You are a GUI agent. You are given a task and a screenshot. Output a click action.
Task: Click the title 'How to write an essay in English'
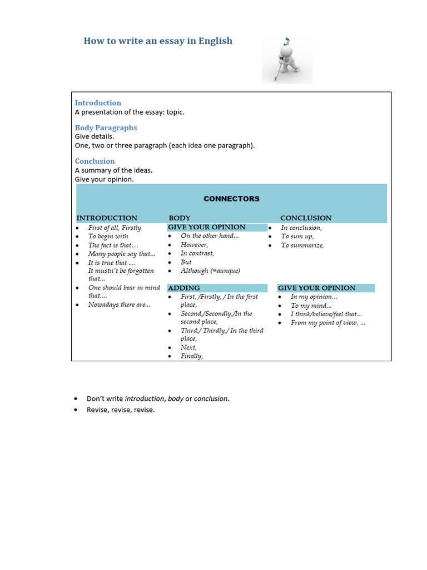[x=158, y=41]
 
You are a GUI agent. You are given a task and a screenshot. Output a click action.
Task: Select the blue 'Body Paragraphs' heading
[x=106, y=127]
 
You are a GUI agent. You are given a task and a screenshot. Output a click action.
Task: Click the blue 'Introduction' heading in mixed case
[x=98, y=103]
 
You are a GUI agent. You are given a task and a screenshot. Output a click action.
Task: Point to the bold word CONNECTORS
[x=231, y=199]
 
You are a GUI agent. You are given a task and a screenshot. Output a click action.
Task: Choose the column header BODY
[x=180, y=218]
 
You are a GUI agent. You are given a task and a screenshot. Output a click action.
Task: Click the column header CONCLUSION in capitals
[x=306, y=218]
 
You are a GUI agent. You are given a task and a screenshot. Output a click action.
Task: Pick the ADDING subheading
[x=184, y=288]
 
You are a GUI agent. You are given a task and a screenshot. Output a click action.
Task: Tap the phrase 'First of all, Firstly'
[x=115, y=228]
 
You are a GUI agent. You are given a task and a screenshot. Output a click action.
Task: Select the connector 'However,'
[x=194, y=245]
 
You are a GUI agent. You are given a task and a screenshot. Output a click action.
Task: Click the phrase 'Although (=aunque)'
[x=210, y=271]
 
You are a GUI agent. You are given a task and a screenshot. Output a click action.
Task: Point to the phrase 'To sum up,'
[x=297, y=237]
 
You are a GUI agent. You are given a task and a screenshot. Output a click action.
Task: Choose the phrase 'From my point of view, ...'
[x=328, y=323]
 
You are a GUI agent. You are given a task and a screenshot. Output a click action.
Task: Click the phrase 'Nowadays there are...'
[x=119, y=305]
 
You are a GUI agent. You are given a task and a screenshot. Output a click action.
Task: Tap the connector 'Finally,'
[x=191, y=356]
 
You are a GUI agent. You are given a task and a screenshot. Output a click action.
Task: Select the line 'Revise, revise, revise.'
[x=121, y=410]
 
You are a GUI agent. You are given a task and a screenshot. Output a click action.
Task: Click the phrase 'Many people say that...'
[x=122, y=254]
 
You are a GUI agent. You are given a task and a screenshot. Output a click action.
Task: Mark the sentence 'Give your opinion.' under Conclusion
[x=105, y=179]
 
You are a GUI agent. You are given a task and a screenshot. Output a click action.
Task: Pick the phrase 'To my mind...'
[x=311, y=306]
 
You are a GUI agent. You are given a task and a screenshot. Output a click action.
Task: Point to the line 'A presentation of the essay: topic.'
[x=130, y=112]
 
